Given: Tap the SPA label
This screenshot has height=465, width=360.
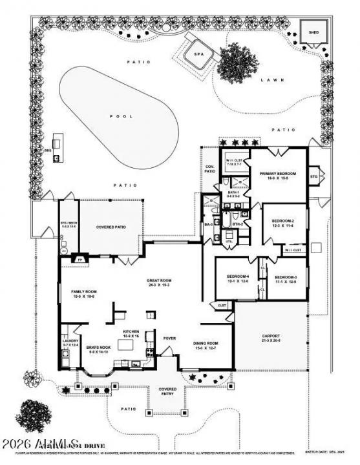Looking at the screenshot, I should tap(199, 54).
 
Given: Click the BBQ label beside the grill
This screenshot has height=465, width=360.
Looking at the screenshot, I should tap(47, 150).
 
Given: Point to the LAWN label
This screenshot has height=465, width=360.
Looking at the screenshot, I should tap(268, 81).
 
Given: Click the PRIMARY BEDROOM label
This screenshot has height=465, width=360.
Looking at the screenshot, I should tap(277, 174).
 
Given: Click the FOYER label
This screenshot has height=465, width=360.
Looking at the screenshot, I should tap(169, 337).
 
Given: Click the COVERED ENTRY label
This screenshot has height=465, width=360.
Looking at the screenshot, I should tap(167, 391).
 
